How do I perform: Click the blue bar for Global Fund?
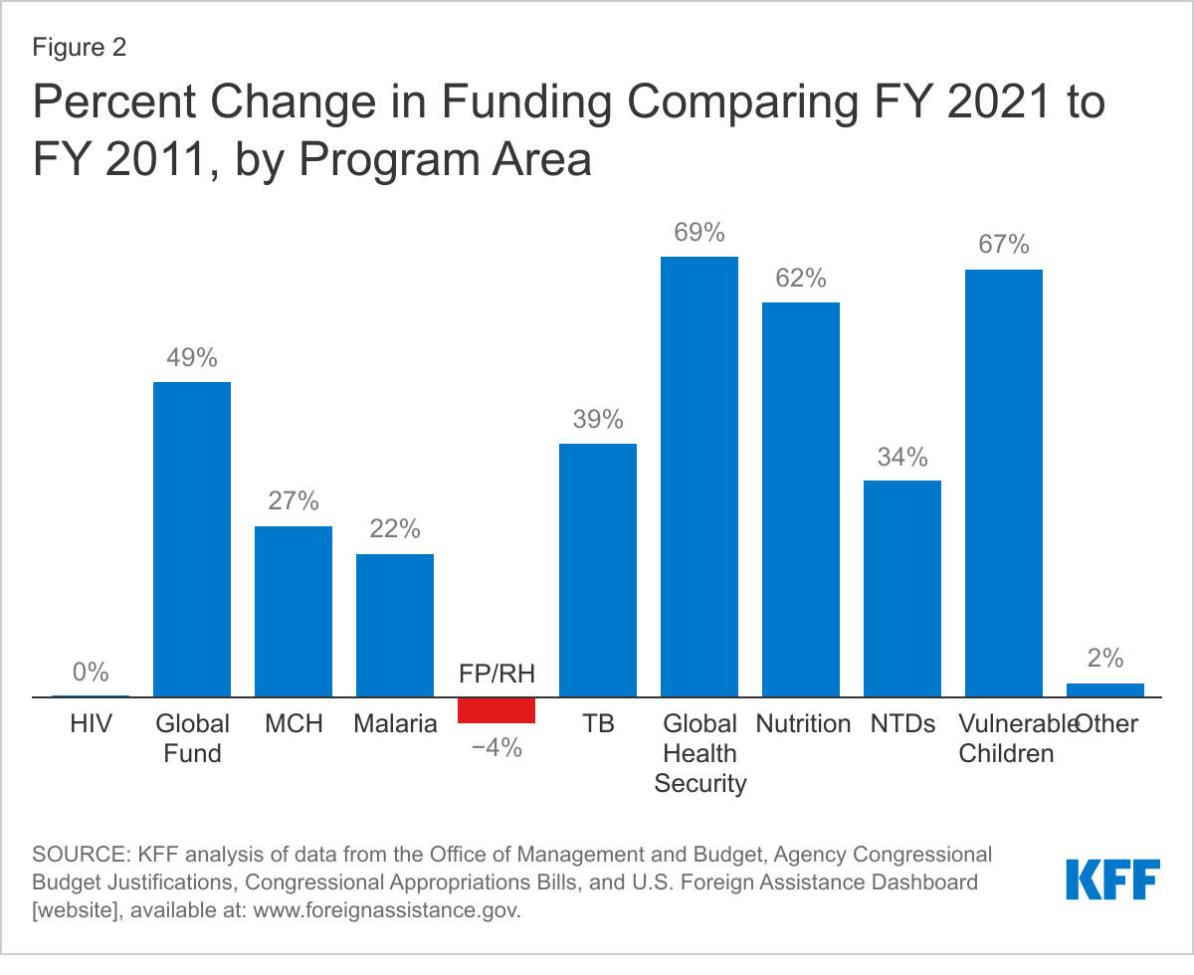[x=192, y=538]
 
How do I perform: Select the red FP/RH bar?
[x=497, y=709]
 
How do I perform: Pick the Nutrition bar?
[x=801, y=498]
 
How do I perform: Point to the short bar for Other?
[x=1105, y=689]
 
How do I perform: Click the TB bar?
[x=598, y=569]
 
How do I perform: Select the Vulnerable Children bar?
[x=1004, y=483]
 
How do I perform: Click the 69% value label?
[x=699, y=233]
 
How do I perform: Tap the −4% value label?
[x=497, y=747]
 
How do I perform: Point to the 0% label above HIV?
[x=91, y=673]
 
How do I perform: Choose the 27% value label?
[x=294, y=501]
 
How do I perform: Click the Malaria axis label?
[x=395, y=723]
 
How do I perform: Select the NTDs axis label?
[x=902, y=723]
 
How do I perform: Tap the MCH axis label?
[x=294, y=723]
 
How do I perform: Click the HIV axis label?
[x=91, y=723]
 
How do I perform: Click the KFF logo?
[x=1112, y=878]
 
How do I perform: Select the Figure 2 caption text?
[x=80, y=49]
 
